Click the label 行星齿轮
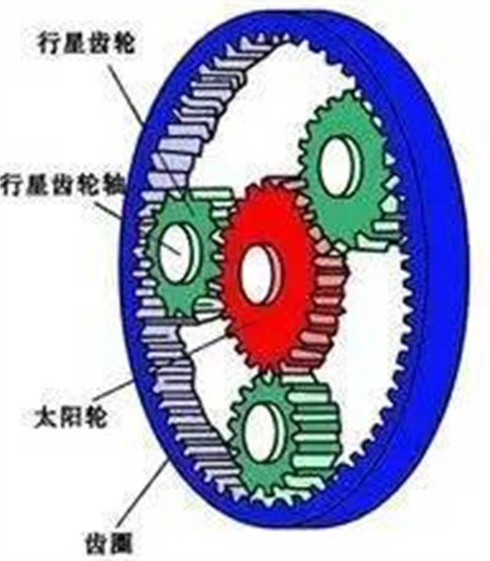(86, 43)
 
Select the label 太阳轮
(70, 417)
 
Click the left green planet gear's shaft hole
(179, 252)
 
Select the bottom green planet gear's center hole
(264, 432)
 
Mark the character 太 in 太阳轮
(46, 417)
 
